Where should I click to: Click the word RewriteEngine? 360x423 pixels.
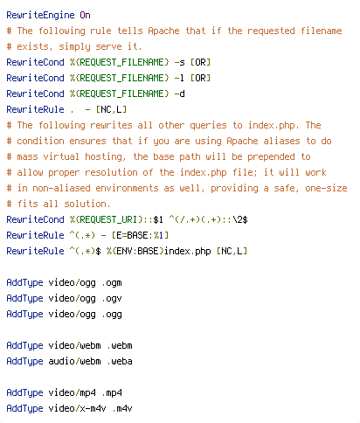(40, 15)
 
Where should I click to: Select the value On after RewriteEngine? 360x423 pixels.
(85, 15)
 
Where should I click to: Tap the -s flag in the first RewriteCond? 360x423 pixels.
(179, 62)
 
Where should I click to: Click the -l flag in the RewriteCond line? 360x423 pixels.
(179, 78)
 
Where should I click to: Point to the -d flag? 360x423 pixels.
(179, 94)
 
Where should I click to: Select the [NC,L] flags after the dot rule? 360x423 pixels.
(112, 109)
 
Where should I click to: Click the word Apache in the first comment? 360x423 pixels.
(163, 31)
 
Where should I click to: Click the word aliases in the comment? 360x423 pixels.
(281, 141)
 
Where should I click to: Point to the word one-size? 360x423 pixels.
(326, 188)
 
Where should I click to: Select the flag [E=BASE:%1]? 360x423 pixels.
(140, 235)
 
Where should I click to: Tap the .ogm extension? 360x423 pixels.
(112, 283)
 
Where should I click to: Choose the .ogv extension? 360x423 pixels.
(112, 299)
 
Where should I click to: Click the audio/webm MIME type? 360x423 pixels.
(74, 361)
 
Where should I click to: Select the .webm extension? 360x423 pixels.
(120, 345)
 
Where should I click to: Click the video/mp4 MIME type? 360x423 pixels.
(72, 393)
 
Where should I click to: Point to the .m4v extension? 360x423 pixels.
(122, 408)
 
